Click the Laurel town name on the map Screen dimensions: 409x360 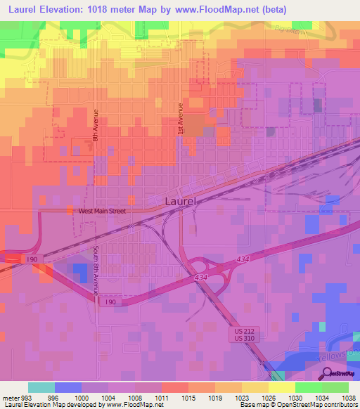(x=181, y=201)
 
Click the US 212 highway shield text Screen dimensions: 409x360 (x=242, y=330)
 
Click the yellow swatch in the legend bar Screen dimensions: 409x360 (x=281, y=387)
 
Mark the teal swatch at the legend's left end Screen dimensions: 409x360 (x=41, y=387)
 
